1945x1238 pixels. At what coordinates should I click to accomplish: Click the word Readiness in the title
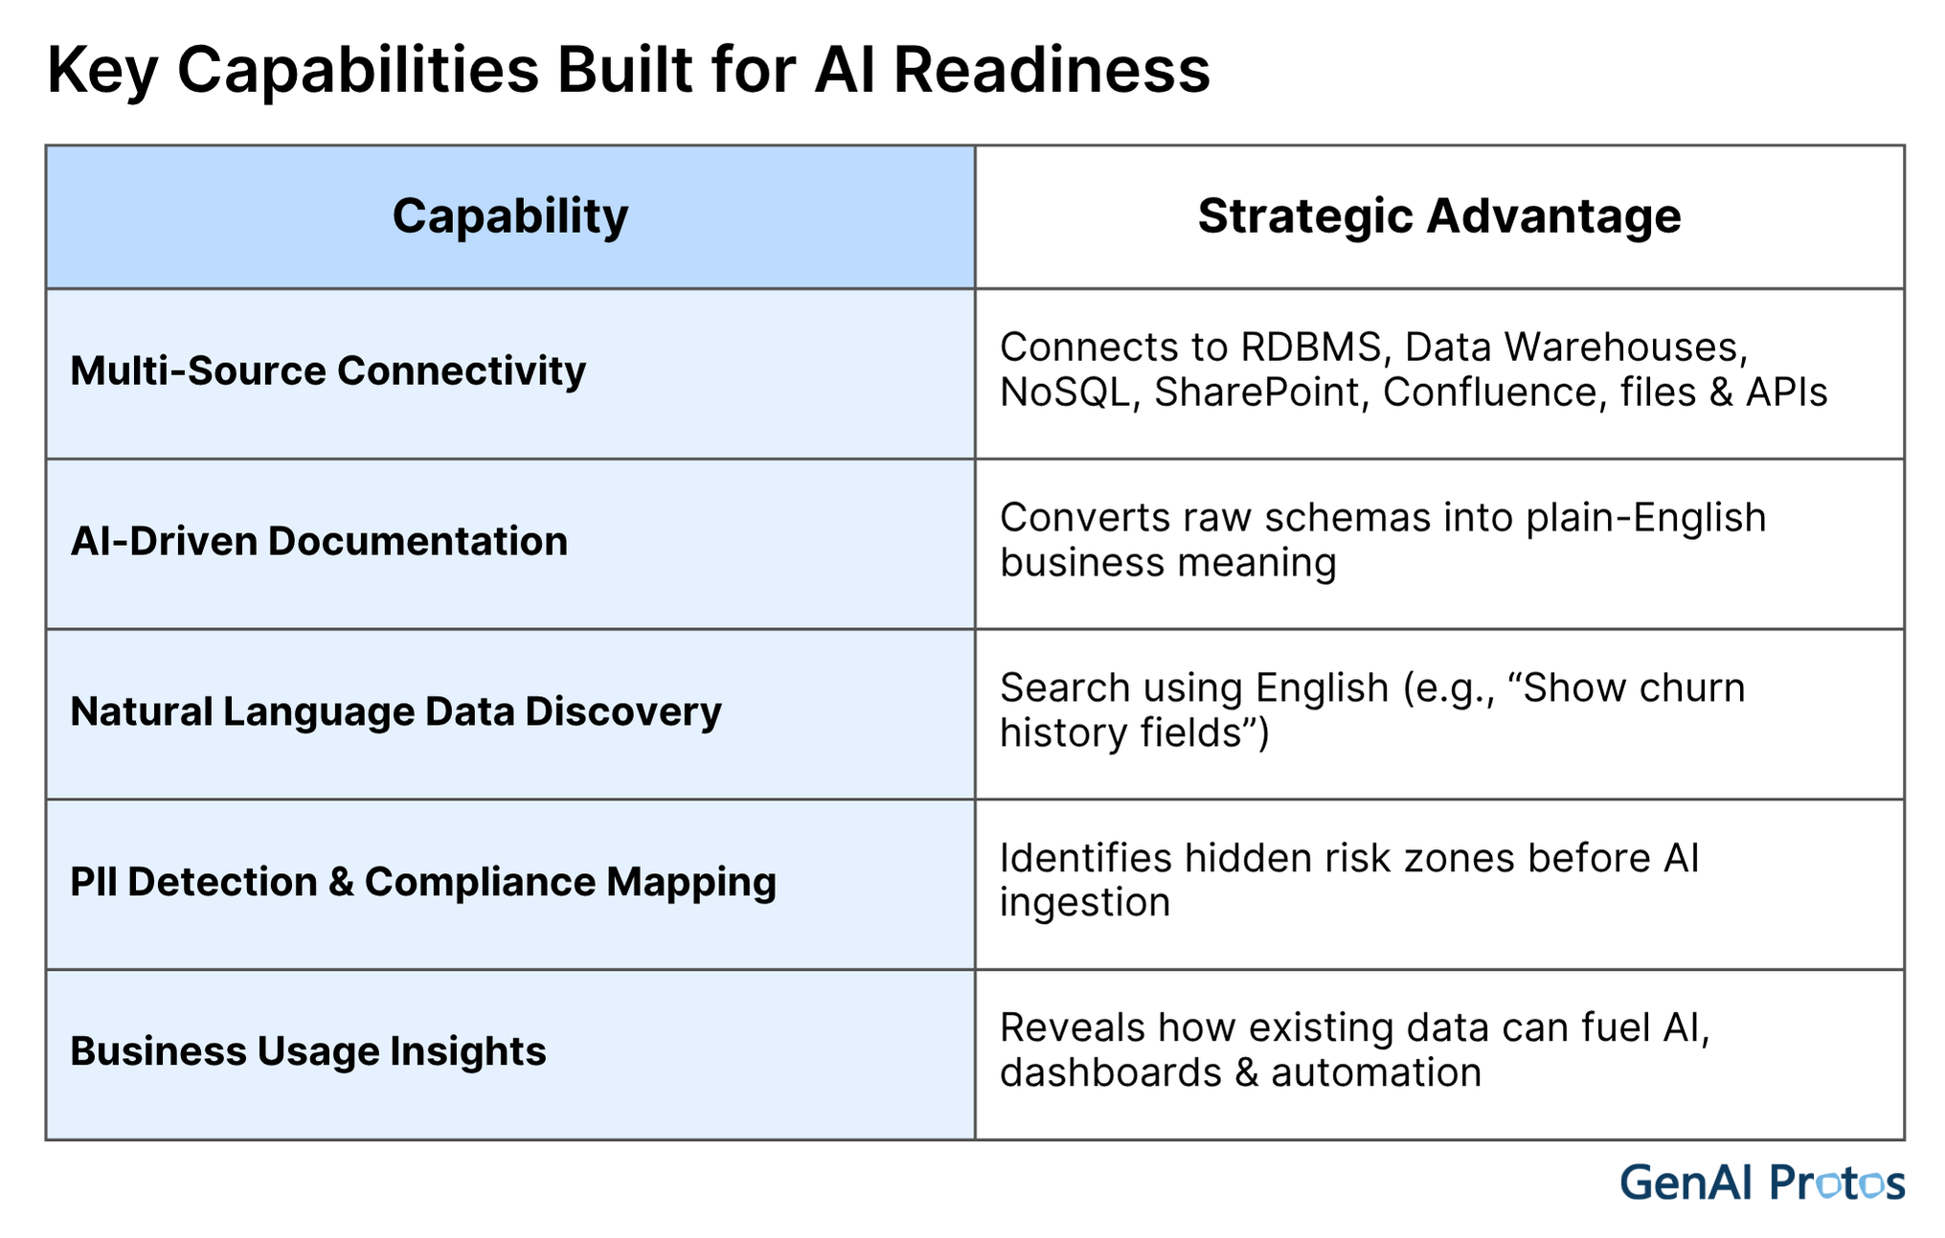pos(1052,70)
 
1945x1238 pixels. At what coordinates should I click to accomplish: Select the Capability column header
pos(509,215)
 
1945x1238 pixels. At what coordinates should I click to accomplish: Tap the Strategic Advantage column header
pos(1438,215)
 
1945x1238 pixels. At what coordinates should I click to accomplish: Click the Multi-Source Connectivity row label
pos(328,371)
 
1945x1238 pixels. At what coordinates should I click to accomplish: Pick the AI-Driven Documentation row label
pos(319,542)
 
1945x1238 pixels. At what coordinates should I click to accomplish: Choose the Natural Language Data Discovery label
pos(396,712)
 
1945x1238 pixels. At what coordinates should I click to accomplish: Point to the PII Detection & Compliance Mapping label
pos(422,882)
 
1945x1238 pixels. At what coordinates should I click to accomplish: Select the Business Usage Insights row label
pos(307,1051)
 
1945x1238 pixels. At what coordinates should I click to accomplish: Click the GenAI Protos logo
pos(1761,1182)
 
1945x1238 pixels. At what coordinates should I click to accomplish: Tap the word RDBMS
pos(1315,348)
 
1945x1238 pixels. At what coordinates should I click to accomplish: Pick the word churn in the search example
pos(1690,688)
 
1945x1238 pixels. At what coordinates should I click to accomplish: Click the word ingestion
pos(1084,903)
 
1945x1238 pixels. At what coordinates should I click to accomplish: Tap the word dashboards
pos(1110,1073)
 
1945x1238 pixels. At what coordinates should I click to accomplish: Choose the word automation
pos(1375,1073)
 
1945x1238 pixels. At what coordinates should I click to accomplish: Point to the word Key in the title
pos(102,70)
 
